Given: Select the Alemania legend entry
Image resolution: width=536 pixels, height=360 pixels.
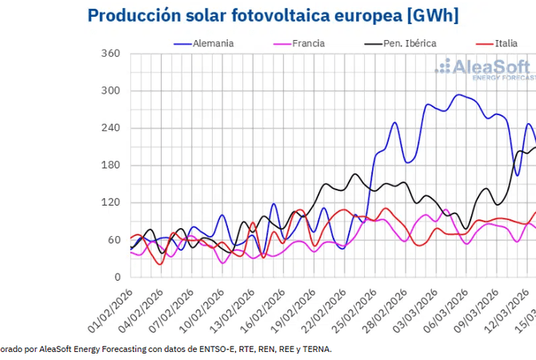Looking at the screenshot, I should (x=213, y=43).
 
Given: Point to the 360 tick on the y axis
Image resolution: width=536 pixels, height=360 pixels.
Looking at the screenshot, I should (x=110, y=54).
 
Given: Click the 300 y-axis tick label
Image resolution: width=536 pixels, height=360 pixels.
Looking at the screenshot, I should (x=110, y=91).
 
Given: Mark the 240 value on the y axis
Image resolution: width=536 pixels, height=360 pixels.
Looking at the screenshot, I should (x=110, y=128).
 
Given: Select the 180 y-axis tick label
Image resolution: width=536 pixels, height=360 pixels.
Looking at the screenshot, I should (x=110, y=166).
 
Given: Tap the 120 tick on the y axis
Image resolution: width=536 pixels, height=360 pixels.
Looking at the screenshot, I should (x=110, y=203).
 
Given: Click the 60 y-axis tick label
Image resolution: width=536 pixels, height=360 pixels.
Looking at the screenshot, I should (x=113, y=240).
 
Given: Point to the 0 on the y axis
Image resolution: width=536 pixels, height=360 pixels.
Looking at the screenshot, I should (x=116, y=278).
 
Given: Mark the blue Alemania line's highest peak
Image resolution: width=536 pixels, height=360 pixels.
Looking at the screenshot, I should (x=458, y=94).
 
